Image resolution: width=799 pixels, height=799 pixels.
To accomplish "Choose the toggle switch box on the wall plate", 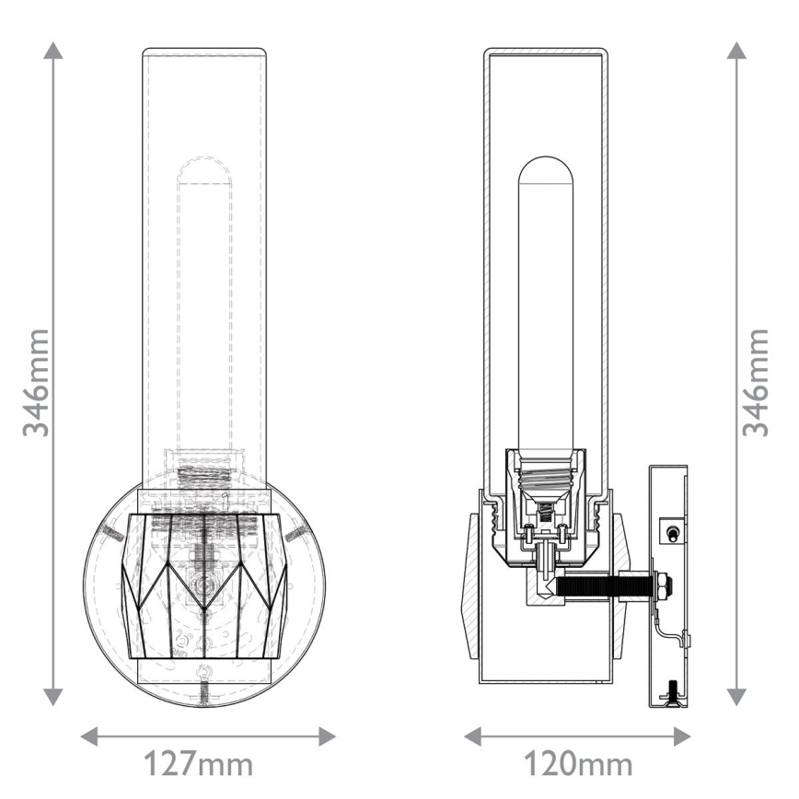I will tap(671, 533).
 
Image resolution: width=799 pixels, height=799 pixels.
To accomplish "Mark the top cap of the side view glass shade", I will tap(545, 51).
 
